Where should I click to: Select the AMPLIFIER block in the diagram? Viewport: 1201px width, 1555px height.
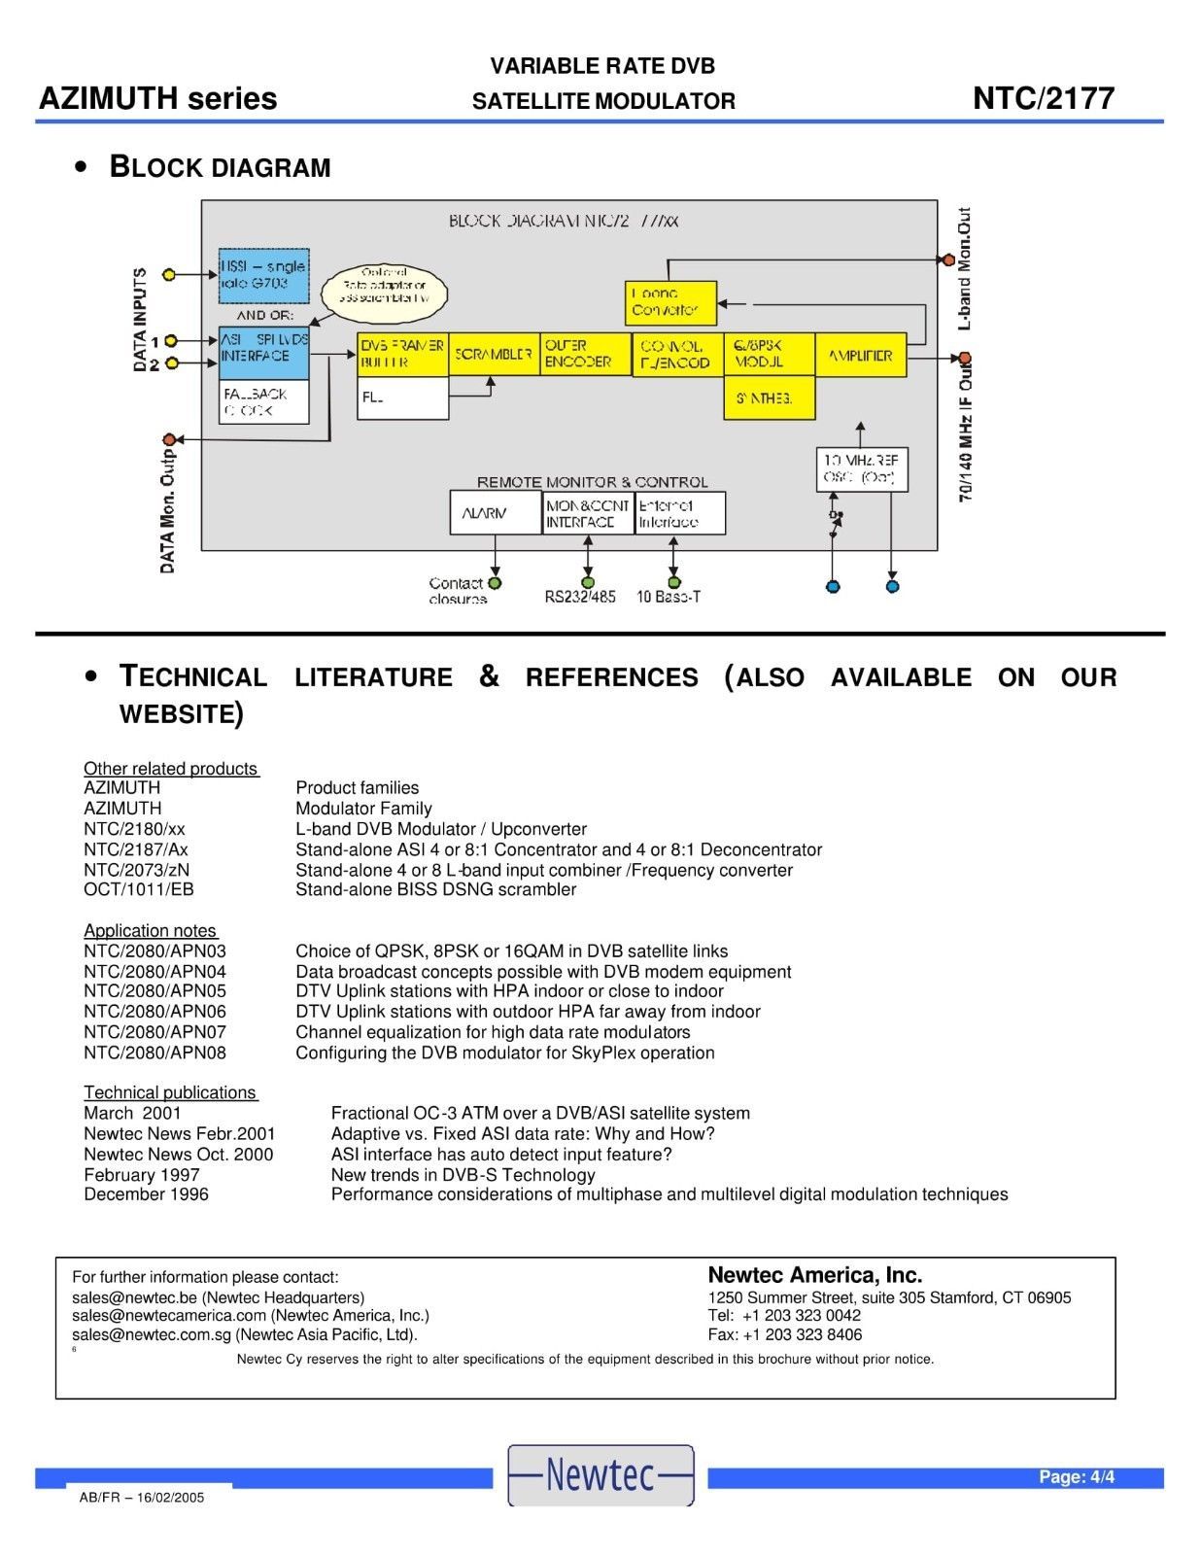tap(860, 355)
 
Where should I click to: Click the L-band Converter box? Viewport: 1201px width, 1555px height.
tap(669, 302)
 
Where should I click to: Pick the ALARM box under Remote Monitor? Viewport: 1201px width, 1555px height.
tap(495, 513)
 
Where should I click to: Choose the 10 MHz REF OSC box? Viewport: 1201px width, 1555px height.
tap(861, 469)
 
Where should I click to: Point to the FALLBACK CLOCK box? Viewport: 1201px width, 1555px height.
tap(263, 401)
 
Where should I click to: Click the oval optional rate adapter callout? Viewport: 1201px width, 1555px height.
tap(384, 291)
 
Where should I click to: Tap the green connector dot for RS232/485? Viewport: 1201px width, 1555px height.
tap(587, 582)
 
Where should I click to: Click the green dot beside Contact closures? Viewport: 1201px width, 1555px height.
tap(495, 583)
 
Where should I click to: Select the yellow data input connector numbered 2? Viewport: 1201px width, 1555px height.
tap(171, 363)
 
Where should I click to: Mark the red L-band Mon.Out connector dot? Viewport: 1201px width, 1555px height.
tap(947, 259)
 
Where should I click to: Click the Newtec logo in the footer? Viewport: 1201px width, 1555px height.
tap(600, 1474)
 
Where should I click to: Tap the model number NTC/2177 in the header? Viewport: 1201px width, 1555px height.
tap(1043, 98)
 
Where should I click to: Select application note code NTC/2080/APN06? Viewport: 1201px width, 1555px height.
tap(154, 1012)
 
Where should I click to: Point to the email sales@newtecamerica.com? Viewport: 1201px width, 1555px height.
tap(168, 1316)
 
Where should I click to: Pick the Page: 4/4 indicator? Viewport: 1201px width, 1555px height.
tap(1077, 1477)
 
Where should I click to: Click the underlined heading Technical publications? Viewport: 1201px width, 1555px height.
tap(170, 1092)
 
